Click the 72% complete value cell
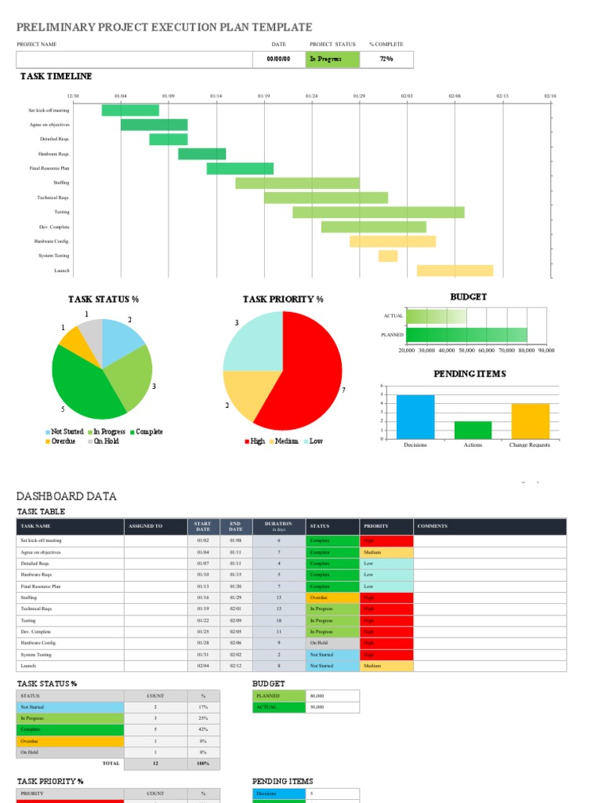point(386,59)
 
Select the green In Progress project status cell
point(333,59)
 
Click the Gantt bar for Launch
point(455,271)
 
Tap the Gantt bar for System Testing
point(388,256)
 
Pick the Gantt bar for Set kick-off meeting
point(130,110)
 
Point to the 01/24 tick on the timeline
point(312,96)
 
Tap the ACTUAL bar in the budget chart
point(437,316)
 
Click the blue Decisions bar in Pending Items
point(415,416)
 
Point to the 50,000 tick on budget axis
point(466,351)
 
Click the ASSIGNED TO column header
point(145,526)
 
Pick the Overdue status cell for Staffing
point(332,598)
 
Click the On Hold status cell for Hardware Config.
point(332,643)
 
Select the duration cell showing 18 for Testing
point(278,620)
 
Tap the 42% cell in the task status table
point(203,729)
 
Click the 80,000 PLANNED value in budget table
point(333,696)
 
